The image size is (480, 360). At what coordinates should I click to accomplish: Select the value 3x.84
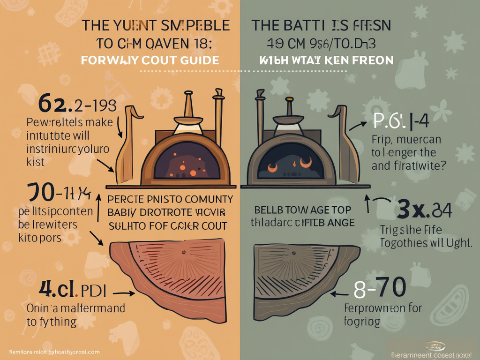pos(424,210)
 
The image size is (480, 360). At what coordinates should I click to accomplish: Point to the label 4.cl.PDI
pos(73,290)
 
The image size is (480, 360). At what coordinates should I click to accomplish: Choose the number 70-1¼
pos(59,192)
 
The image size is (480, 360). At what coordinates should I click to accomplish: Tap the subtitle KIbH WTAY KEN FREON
pos(326,60)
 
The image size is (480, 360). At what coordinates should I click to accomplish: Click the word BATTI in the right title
pos(307,25)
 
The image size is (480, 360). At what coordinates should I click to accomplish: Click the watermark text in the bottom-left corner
pos(54,352)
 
